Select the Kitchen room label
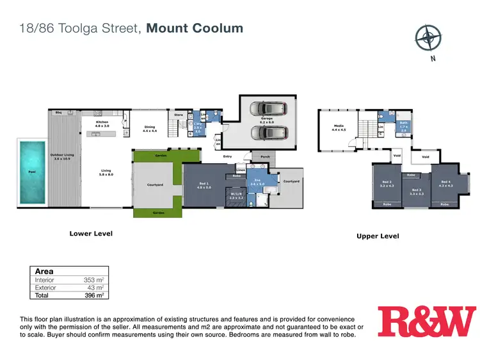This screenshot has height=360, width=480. pos(102,124)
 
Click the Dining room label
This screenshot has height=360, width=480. pos(150,128)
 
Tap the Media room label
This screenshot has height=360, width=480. pos(339,127)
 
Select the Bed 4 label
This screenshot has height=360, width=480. pos(445,183)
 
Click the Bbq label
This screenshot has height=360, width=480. pos(58,112)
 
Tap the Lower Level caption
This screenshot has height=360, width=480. pos(91,234)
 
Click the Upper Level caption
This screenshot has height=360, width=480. pos(378,236)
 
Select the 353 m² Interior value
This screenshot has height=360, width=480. pos(93,280)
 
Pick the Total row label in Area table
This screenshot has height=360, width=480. pos(42,295)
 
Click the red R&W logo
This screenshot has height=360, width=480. pos(427,322)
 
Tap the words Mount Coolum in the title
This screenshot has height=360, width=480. pos(195,28)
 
